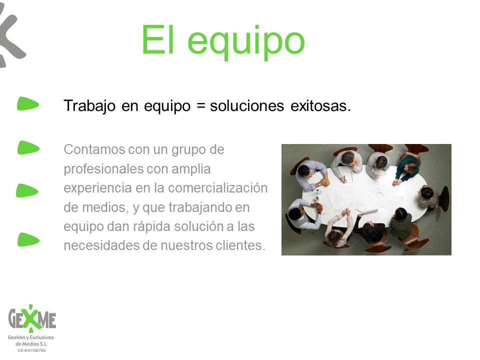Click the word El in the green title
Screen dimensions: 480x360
click(x=158, y=39)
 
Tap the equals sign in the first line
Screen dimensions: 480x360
click(x=200, y=106)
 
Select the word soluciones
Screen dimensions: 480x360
click(x=247, y=106)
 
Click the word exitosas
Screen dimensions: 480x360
click(x=320, y=106)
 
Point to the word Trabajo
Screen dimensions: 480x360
click(x=89, y=106)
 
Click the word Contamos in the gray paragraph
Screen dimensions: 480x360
click(x=94, y=149)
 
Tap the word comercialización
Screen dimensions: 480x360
click(x=218, y=188)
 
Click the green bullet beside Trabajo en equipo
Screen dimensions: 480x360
click(x=28, y=103)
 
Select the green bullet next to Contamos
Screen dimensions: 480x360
click(x=28, y=147)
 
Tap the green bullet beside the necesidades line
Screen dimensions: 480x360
click(x=28, y=239)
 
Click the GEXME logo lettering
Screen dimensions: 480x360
click(x=32, y=318)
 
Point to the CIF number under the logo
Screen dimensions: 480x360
click(x=31, y=350)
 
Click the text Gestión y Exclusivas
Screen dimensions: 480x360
click(x=30, y=337)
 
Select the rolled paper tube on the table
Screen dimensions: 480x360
click(x=369, y=211)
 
